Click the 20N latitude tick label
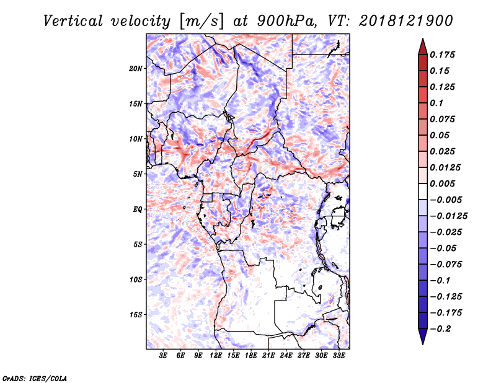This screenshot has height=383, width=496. (x=136, y=68)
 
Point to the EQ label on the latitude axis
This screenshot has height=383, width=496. (x=138, y=209)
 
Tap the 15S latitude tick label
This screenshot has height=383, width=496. (x=136, y=315)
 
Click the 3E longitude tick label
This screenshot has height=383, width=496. (x=163, y=356)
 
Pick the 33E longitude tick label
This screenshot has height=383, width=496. (x=339, y=356)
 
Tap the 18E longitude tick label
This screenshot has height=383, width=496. (x=250, y=356)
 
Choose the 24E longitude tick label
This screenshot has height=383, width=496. (x=286, y=356)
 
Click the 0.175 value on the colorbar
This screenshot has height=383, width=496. (x=444, y=55)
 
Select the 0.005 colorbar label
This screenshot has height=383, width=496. (x=444, y=183)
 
